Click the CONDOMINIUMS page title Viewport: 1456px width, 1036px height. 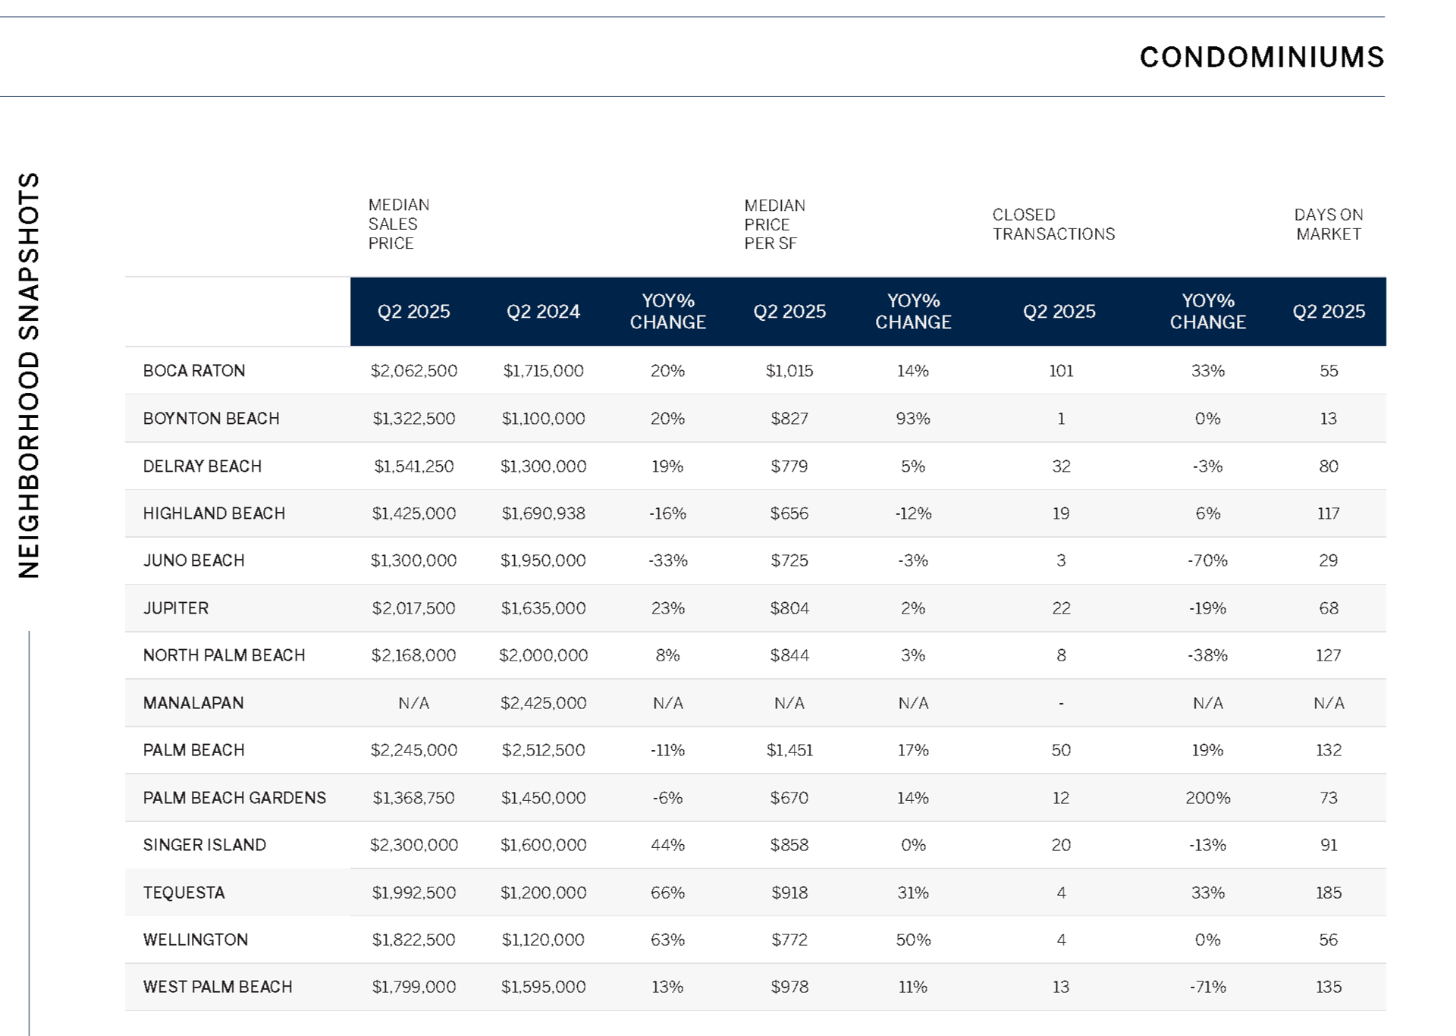(x=1262, y=58)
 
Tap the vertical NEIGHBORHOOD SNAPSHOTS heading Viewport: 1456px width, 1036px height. (x=29, y=375)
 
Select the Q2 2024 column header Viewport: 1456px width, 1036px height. (x=543, y=312)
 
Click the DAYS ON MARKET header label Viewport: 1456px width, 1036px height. (x=1329, y=224)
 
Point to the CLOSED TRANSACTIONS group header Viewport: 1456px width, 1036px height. (x=1053, y=224)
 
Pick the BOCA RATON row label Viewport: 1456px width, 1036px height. (x=194, y=371)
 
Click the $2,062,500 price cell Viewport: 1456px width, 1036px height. (x=414, y=371)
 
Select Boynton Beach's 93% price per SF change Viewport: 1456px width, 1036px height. (x=913, y=419)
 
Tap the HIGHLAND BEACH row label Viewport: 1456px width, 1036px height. (x=214, y=513)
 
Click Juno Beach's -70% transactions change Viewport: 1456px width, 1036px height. (x=1208, y=560)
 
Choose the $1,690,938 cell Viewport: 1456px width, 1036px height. (x=543, y=513)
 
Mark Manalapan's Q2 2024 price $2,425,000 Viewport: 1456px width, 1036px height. (x=543, y=703)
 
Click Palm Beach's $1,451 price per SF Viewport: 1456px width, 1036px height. (x=789, y=750)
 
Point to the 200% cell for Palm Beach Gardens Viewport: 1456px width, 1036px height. (x=1208, y=798)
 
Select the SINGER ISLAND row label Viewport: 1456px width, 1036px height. (x=205, y=845)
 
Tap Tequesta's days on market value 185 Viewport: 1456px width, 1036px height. (x=1329, y=893)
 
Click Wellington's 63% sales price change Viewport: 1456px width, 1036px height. (x=667, y=940)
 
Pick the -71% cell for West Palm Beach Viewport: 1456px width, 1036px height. (x=1208, y=987)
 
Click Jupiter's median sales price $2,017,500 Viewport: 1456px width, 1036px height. (x=414, y=608)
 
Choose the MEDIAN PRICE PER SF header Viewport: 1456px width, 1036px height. (x=775, y=224)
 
